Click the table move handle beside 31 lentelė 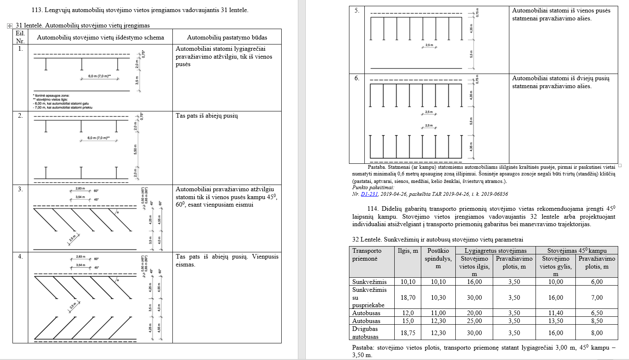pos(9,26)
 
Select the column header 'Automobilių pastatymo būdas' pos(227,37)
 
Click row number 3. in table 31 pos(20,189)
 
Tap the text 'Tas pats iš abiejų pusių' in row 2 pos(206,116)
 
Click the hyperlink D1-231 pos(369,194)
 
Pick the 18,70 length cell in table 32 pos(408,298)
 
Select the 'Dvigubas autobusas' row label pos(366,333)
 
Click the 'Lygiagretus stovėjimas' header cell pos(495,251)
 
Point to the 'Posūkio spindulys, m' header pos(438,258)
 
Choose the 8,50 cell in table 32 pos(597,321)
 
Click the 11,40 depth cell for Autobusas pos(555,313)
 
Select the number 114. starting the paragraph pos(373,209)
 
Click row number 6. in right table pos(356,78)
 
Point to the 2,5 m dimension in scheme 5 pos(429,45)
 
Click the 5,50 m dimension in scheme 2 pos(135,149)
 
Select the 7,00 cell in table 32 pos(597,298)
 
